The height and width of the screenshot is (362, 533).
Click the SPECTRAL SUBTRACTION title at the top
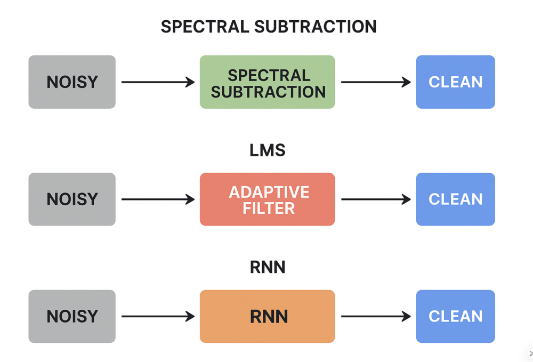(269, 27)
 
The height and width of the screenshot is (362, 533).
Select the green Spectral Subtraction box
(267, 82)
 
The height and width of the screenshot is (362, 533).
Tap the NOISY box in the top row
(72, 82)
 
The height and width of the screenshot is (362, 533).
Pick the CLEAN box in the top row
(455, 82)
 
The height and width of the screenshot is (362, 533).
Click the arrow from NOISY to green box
(158, 82)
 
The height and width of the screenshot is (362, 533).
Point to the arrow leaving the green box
(376, 82)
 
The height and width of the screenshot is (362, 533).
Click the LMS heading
(268, 150)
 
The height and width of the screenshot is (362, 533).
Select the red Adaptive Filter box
(267, 199)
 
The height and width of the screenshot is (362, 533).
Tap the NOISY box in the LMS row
(72, 199)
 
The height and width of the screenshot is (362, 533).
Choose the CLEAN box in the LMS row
(455, 199)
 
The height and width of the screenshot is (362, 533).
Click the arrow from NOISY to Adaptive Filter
(158, 199)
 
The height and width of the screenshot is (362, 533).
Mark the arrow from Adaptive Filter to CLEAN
(376, 199)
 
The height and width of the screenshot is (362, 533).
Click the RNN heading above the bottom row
(268, 267)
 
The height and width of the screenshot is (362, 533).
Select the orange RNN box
(267, 317)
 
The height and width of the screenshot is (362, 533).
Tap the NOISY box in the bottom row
(72, 317)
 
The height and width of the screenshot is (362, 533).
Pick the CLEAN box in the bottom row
(455, 317)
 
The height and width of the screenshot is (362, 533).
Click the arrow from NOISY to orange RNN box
(158, 317)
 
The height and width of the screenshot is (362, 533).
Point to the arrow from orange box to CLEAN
(376, 317)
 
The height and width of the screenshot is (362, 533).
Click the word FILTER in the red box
(269, 208)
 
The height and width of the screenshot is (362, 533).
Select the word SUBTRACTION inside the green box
(268, 92)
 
